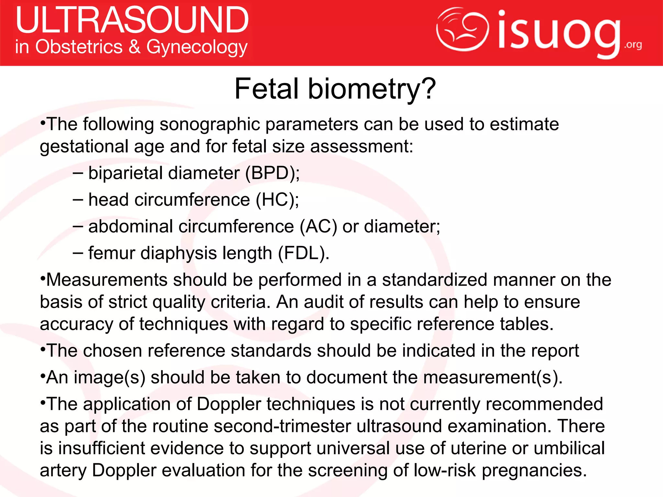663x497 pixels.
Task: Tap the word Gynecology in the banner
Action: (197, 47)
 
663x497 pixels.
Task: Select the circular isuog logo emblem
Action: (462, 29)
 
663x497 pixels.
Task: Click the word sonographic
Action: (209, 124)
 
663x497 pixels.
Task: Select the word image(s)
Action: (110, 377)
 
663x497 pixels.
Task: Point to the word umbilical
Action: (569, 448)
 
